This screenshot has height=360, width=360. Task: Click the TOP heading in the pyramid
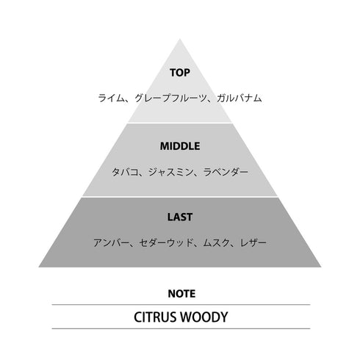180,73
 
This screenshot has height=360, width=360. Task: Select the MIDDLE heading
180,146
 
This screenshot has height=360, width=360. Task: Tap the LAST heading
180,217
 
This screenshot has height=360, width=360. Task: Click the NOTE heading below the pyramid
181,294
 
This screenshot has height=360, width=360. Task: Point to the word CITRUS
156,317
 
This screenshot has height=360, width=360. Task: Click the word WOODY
205,317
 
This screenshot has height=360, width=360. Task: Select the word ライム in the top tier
111,98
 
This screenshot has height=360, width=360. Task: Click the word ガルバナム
240,98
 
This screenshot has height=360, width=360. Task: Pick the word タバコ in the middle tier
125,172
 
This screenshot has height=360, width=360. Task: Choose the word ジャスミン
170,172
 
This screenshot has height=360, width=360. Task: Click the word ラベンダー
226,172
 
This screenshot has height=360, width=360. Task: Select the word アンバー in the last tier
111,242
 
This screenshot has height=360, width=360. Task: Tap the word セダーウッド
166,242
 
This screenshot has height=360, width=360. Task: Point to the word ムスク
217,242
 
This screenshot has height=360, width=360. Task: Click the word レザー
253,242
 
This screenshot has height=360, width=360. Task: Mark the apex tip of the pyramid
180,39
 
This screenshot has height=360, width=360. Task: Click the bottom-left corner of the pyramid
39,267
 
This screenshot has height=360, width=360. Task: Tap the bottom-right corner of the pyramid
321,267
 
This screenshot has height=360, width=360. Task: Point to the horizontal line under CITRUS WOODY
181,328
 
